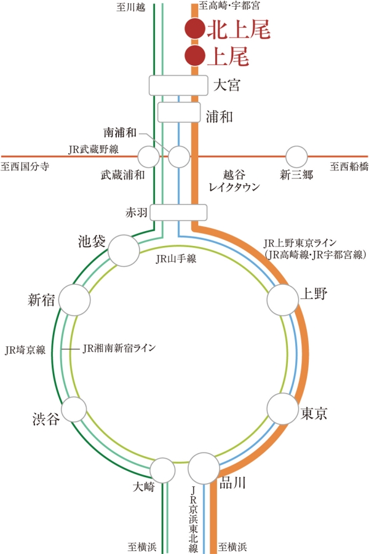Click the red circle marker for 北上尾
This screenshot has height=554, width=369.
click(x=194, y=28)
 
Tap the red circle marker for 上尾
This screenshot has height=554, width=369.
click(x=194, y=55)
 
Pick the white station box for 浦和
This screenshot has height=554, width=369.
click(x=179, y=112)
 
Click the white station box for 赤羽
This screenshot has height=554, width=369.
click(x=177, y=212)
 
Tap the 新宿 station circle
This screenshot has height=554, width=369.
click(x=74, y=299)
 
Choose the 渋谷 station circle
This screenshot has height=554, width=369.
click(x=74, y=408)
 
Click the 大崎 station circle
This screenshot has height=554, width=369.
click(x=164, y=470)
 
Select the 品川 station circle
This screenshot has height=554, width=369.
click(x=204, y=469)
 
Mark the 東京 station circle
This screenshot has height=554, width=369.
click(x=283, y=409)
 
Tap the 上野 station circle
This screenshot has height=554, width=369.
click(x=283, y=299)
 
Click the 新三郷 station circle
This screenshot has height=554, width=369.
click(x=297, y=156)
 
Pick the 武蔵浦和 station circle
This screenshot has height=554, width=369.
click(x=148, y=156)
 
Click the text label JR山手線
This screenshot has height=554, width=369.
click(x=175, y=259)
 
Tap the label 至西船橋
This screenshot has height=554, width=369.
click(x=349, y=167)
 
